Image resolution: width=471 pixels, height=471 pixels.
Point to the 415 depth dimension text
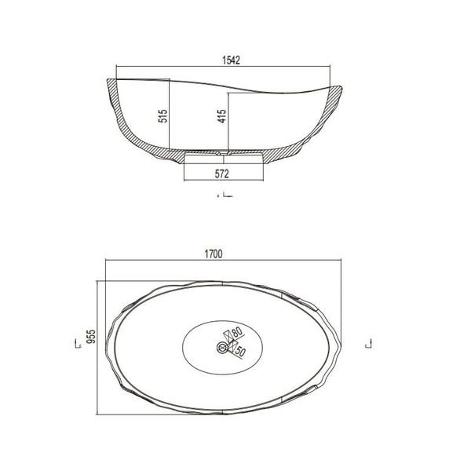221,118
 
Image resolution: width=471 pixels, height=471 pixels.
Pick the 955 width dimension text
90,337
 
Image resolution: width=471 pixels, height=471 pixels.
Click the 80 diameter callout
236,333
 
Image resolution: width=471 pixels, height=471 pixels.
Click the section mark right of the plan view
368,344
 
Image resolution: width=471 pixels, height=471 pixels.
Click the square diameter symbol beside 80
228,334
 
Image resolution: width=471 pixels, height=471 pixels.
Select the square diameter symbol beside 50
232,351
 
